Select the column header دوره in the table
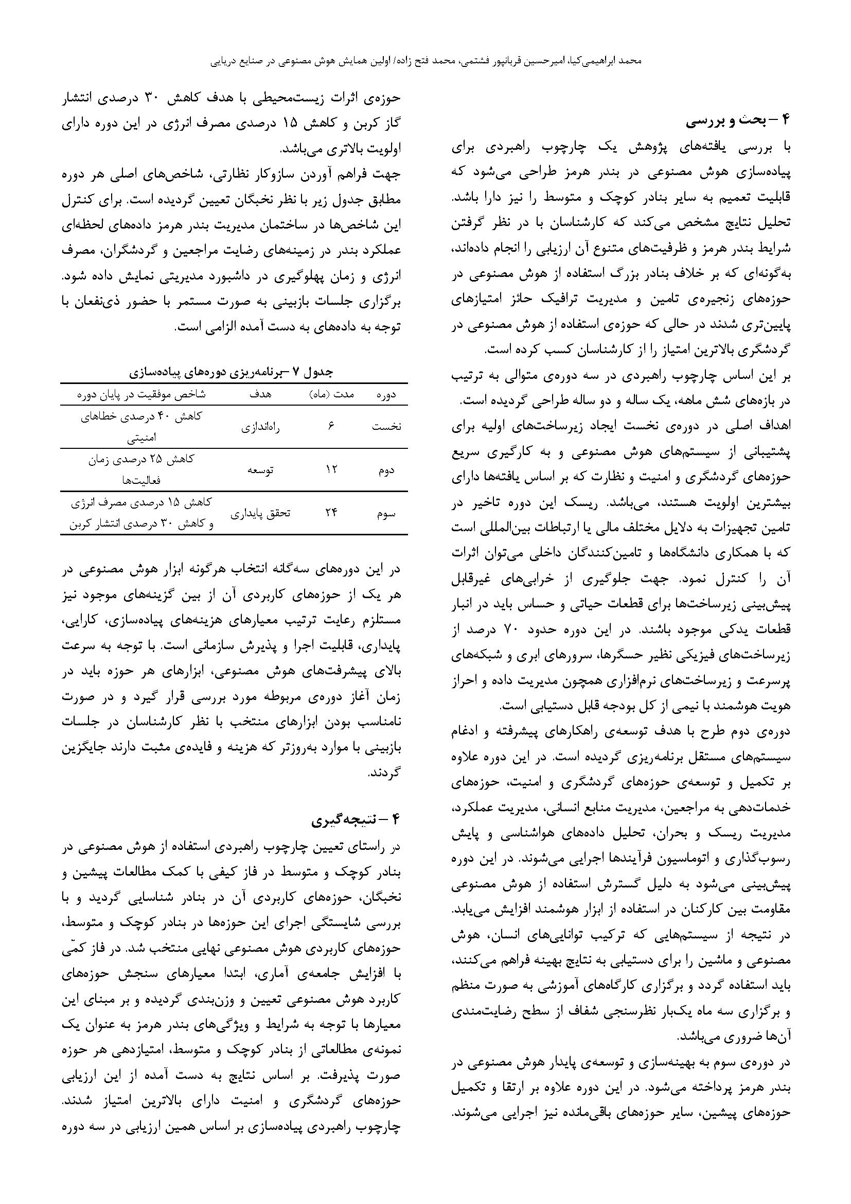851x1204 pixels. point(386,395)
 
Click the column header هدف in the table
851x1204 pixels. point(261,395)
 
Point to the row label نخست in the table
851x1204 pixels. point(386,427)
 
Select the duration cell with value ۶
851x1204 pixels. point(331,427)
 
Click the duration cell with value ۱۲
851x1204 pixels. point(331,470)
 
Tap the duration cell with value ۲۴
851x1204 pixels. point(331,513)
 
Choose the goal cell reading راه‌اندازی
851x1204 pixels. point(260,427)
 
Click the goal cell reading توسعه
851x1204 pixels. point(260,470)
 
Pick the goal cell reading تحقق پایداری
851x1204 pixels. point(261,513)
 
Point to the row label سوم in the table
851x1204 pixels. point(386,513)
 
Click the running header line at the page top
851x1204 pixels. point(425,61)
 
